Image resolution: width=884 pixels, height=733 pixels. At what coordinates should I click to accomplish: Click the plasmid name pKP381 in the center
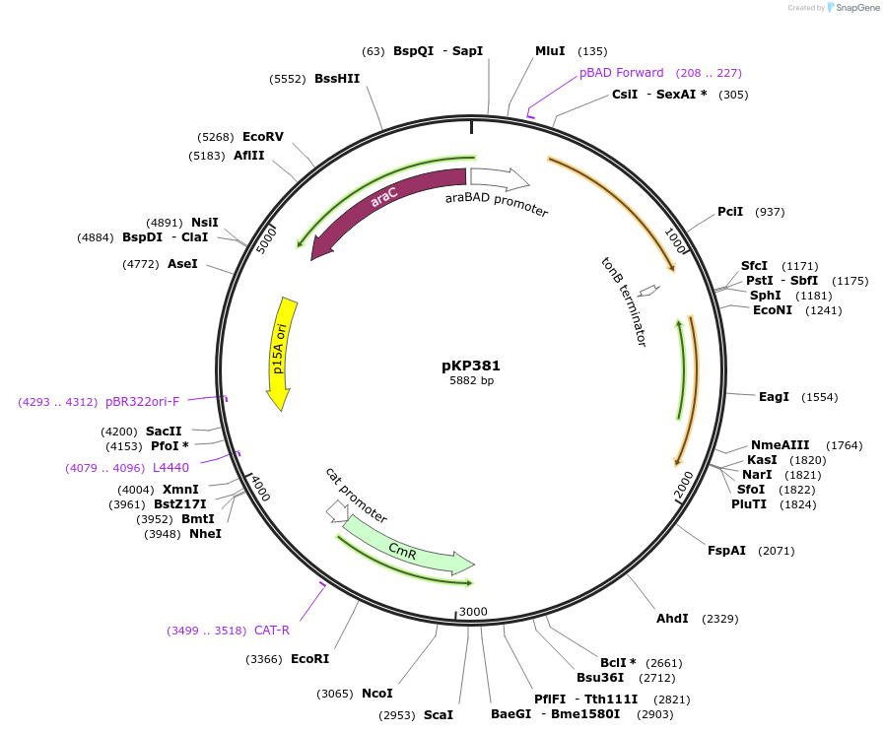471,365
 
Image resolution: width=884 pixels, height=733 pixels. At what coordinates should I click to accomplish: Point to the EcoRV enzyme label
263,137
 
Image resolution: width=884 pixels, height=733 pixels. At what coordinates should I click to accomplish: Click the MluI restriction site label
550,51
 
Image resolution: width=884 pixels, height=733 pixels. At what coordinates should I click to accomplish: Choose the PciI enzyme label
730,212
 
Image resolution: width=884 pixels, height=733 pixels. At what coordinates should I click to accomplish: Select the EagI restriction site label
774,397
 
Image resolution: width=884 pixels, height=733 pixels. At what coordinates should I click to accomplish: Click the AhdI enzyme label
672,619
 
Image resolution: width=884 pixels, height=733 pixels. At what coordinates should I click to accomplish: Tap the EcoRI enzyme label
309,658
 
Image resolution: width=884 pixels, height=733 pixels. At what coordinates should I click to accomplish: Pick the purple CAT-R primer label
272,631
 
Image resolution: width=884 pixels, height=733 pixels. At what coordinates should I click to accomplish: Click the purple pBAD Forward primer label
622,73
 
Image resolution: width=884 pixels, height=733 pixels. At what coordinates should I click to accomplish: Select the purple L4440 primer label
170,468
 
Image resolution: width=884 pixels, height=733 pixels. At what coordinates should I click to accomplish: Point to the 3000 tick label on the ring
473,612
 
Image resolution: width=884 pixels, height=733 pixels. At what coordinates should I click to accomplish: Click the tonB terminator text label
625,301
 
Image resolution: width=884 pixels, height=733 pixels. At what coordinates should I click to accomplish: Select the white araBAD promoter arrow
500,179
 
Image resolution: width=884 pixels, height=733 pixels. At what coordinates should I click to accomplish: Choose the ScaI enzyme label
439,714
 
